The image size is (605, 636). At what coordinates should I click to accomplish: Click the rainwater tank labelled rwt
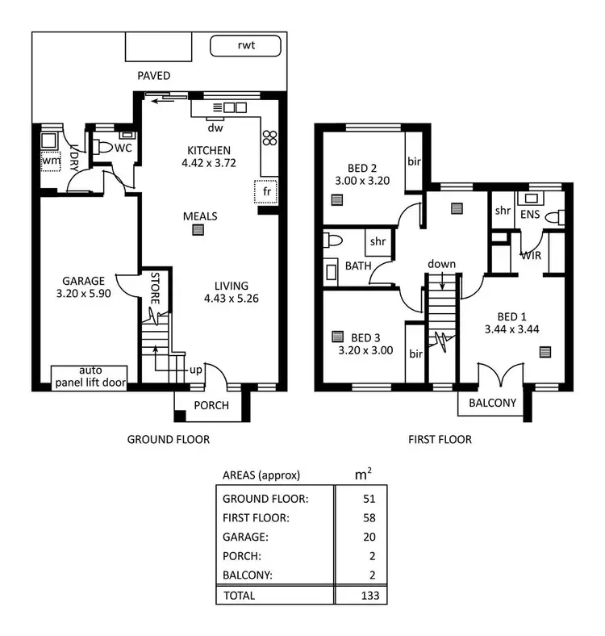pos(244,46)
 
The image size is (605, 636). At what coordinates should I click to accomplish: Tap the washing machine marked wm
pos(51,161)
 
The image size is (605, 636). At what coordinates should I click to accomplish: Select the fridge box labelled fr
pos(266,192)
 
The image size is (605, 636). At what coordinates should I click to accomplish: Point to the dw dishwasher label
pos(215,128)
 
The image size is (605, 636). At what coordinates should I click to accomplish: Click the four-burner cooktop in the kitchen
pos(269,138)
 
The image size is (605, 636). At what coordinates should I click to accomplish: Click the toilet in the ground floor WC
pos(102,148)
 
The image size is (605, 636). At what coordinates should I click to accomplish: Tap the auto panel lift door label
pos(90,377)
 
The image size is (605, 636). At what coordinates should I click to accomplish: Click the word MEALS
pos(200,216)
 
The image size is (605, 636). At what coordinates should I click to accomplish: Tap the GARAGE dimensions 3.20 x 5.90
pos(83,294)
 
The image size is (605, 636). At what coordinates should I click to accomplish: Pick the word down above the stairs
pos(441,264)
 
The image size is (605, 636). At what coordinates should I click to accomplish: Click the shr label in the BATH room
pos(377,241)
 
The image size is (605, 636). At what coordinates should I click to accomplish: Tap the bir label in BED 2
pos(414,160)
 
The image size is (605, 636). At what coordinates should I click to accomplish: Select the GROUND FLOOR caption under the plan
pos(169,440)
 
